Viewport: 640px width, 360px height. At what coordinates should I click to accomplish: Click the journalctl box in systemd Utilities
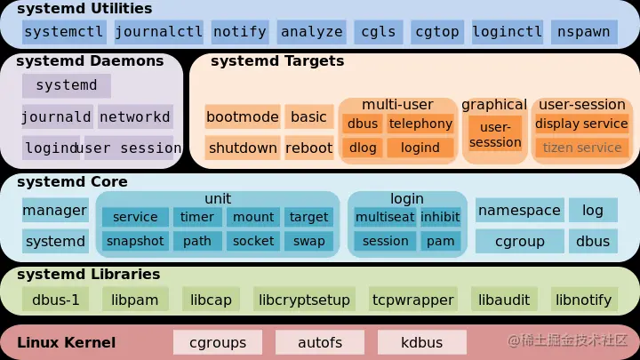pyautogui.click(x=158, y=32)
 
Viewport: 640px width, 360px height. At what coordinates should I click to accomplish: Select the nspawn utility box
pyautogui.click(x=583, y=32)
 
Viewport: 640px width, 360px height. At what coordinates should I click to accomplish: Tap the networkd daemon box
pyautogui.click(x=135, y=116)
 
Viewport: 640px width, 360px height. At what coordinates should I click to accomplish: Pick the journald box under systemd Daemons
pyautogui.click(x=57, y=116)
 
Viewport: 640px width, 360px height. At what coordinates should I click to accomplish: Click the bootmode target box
pyautogui.click(x=243, y=116)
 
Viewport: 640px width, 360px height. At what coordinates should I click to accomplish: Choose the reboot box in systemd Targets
pyautogui.click(x=308, y=148)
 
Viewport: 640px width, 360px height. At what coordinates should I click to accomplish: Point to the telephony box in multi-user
pyautogui.click(x=420, y=124)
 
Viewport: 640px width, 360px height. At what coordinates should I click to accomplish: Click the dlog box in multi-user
pyautogui.click(x=363, y=148)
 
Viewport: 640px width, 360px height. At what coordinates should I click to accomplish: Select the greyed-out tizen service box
pyautogui.click(x=582, y=148)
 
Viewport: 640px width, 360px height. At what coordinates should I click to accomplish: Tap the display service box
pyautogui.click(x=582, y=124)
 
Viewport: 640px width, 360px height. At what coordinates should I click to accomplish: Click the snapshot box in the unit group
pyautogui.click(x=135, y=241)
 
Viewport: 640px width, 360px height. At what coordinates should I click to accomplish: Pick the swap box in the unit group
pyautogui.click(x=308, y=241)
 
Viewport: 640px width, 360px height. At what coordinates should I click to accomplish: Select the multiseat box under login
pyautogui.click(x=384, y=217)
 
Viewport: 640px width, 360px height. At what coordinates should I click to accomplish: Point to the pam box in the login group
pyautogui.click(x=441, y=241)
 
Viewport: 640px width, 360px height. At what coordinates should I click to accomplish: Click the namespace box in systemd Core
pyautogui.click(x=519, y=211)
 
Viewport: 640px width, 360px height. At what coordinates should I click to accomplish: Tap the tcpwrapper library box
pyautogui.click(x=413, y=300)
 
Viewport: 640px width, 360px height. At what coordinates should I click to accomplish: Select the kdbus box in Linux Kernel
pyautogui.click(x=421, y=342)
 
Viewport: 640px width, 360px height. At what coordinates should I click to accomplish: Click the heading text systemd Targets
pyautogui.click(x=277, y=62)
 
